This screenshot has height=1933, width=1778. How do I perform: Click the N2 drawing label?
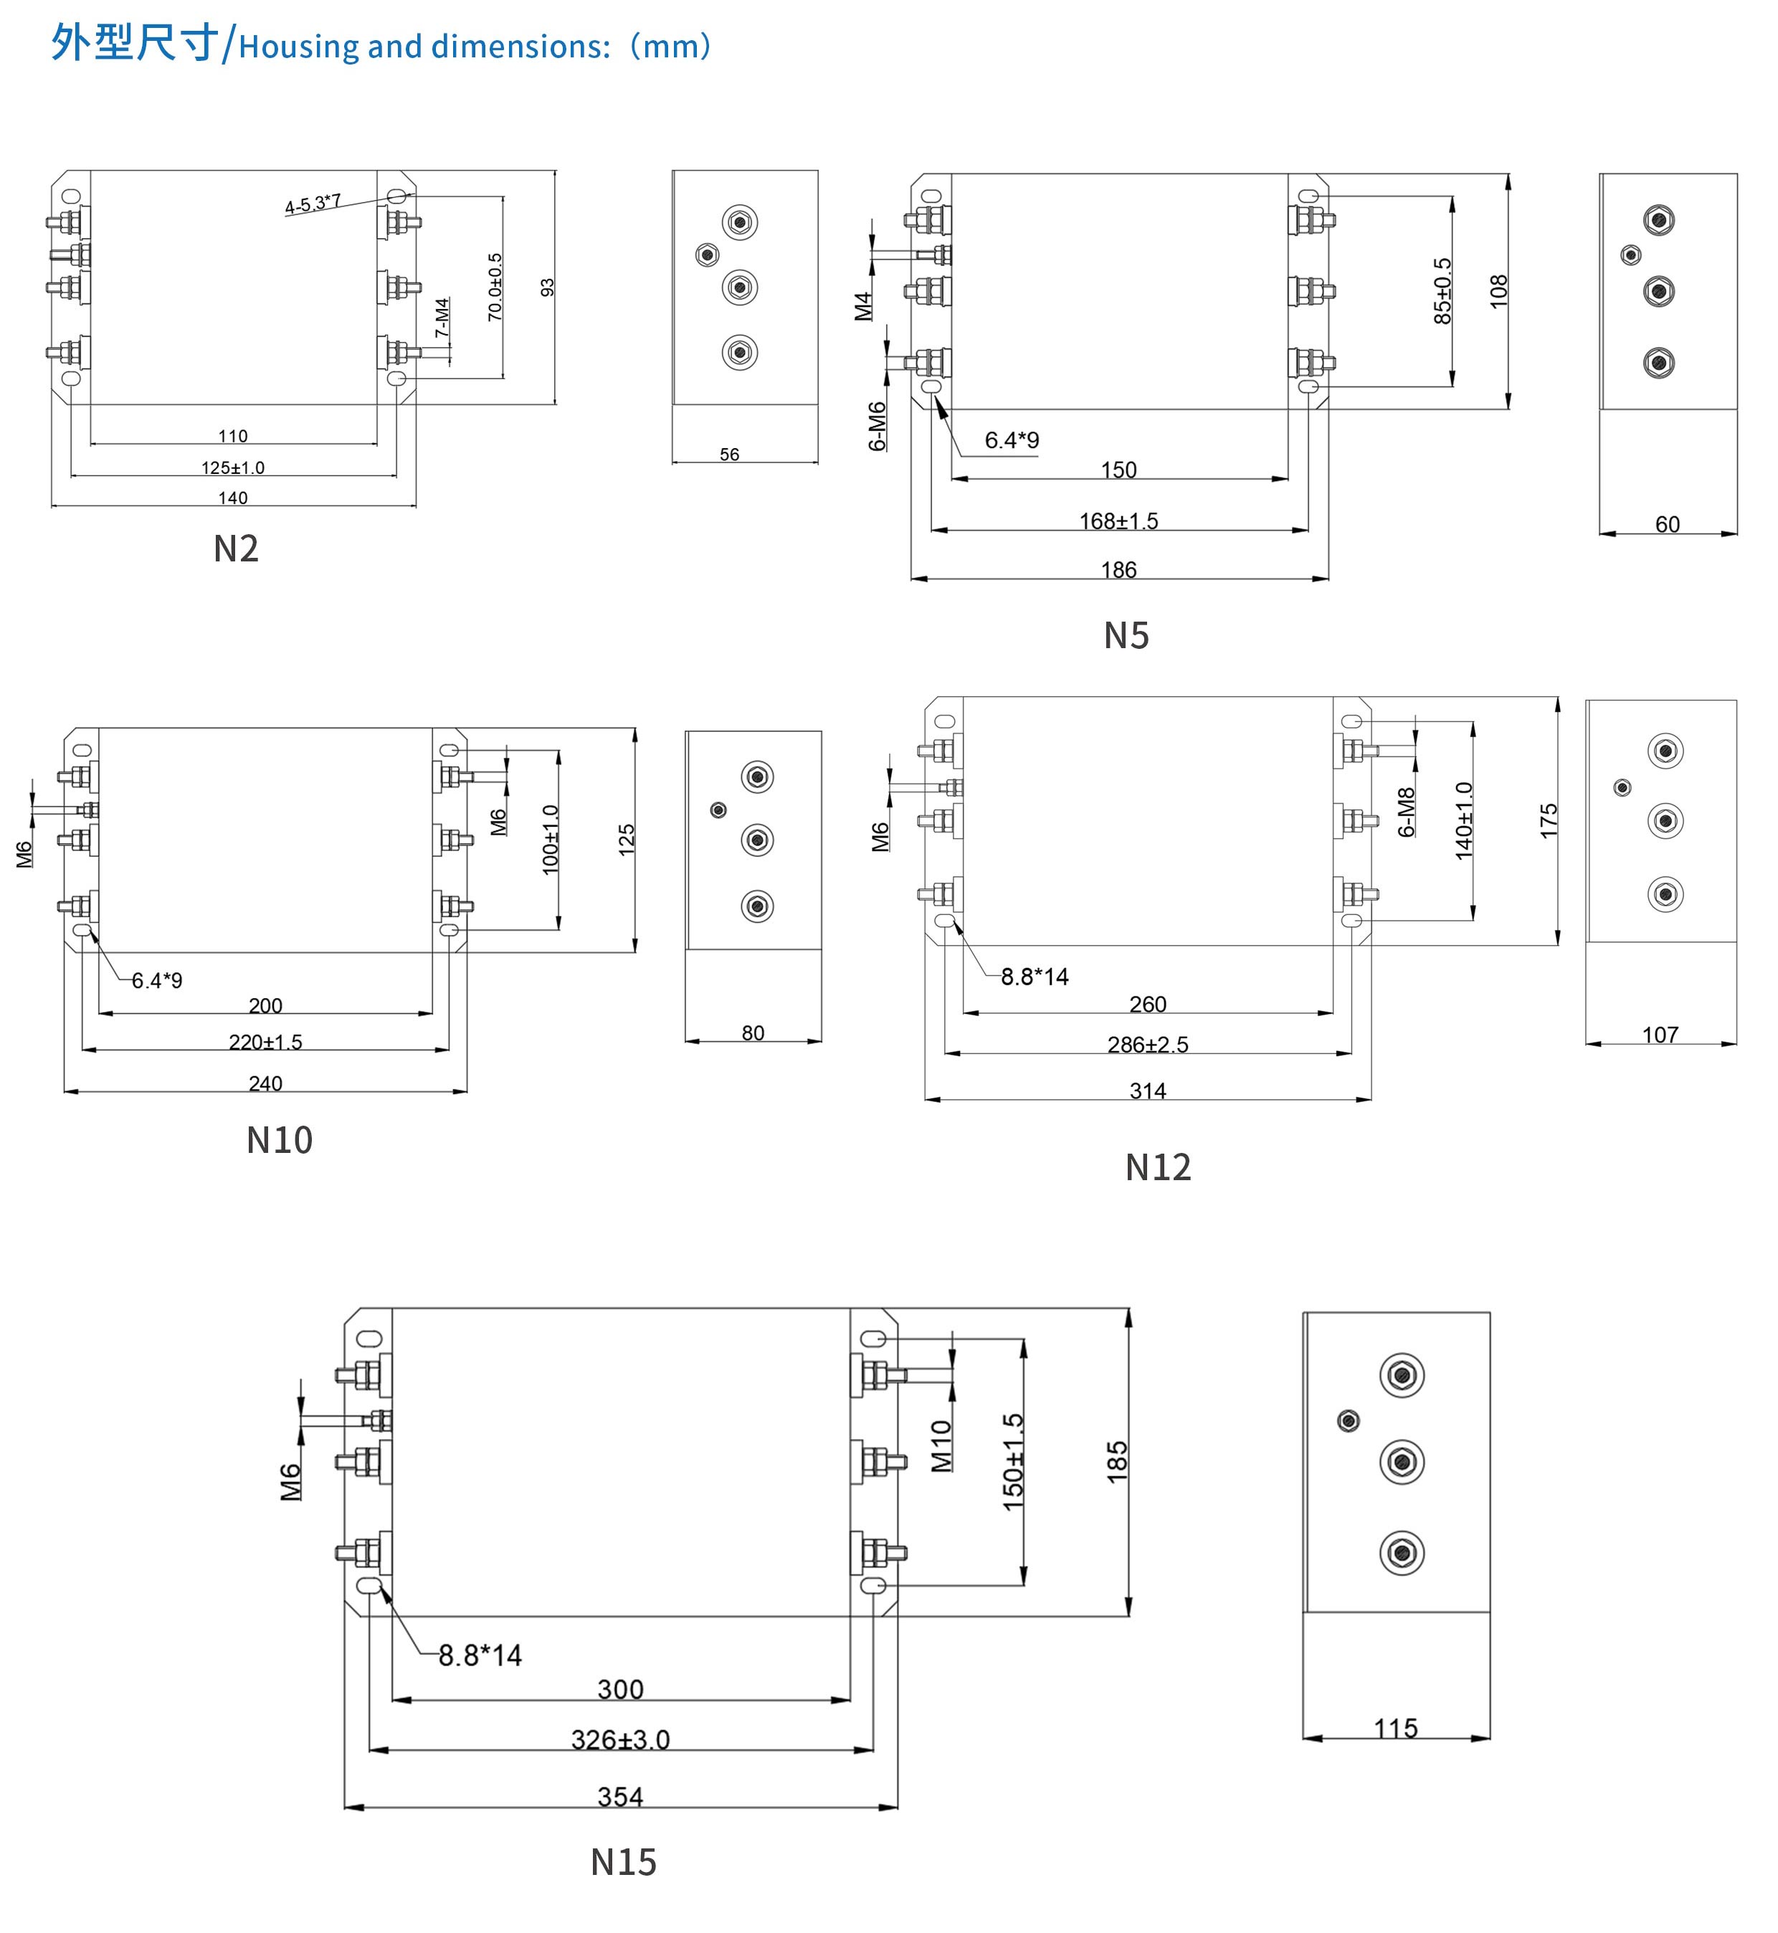236,549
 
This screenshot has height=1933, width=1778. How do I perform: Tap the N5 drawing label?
1126,636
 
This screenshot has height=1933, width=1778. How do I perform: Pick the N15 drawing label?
624,1863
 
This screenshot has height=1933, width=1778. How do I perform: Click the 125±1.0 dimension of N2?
233,467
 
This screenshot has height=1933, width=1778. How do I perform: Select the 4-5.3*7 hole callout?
313,204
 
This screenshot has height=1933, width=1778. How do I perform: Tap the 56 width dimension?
729,454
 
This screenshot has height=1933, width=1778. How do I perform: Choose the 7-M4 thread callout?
442,318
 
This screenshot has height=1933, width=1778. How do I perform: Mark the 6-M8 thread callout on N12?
1406,812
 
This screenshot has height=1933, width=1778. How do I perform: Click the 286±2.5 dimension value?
1147,1045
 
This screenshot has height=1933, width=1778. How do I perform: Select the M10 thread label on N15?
941,1446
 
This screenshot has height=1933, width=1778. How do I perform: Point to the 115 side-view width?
1395,1729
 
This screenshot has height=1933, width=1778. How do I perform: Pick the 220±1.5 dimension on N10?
265,1042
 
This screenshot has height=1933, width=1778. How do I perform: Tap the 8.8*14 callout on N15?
480,1656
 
